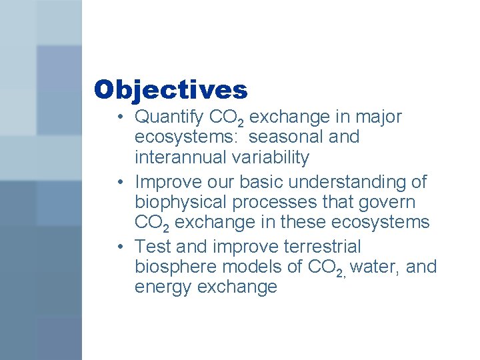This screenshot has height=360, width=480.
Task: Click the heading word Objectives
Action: (x=171, y=89)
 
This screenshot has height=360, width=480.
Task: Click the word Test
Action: (x=153, y=247)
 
